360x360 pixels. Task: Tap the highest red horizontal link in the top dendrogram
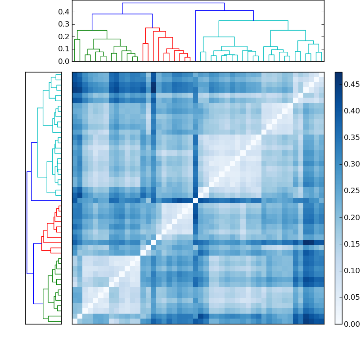[x=152, y=28]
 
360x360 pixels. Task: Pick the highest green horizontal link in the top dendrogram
[x=92, y=31]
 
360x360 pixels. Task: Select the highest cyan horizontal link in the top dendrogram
[x=253, y=21]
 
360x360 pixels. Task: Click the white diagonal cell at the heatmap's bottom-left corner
[x=75, y=321]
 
